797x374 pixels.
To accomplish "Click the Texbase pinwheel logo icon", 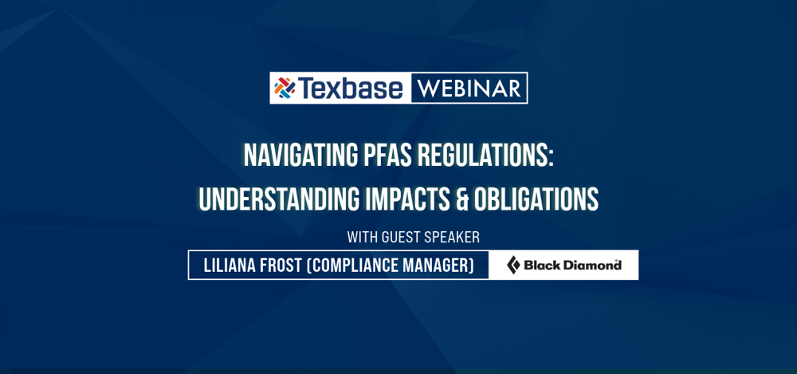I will [x=285, y=88].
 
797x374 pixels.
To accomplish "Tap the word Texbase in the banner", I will [x=351, y=88].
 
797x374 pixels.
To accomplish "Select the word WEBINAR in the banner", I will [x=469, y=88].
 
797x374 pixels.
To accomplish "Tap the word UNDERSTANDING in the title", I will [x=278, y=199].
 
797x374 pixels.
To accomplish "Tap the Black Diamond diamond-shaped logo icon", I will [x=513, y=266].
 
